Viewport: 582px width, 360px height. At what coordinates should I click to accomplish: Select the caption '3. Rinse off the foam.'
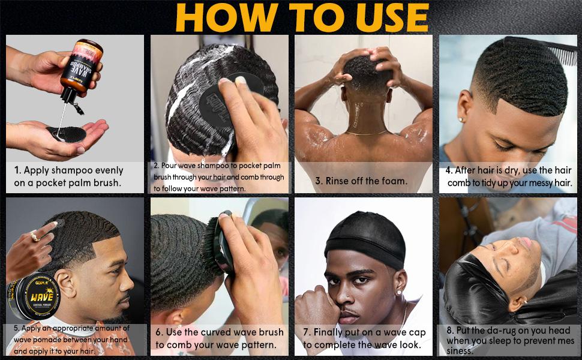click(361, 181)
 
